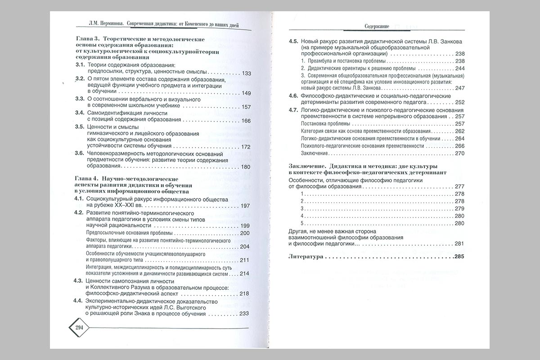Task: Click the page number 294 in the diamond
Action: click(x=80, y=327)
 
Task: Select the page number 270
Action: click(x=459, y=153)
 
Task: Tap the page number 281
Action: click(x=459, y=243)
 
